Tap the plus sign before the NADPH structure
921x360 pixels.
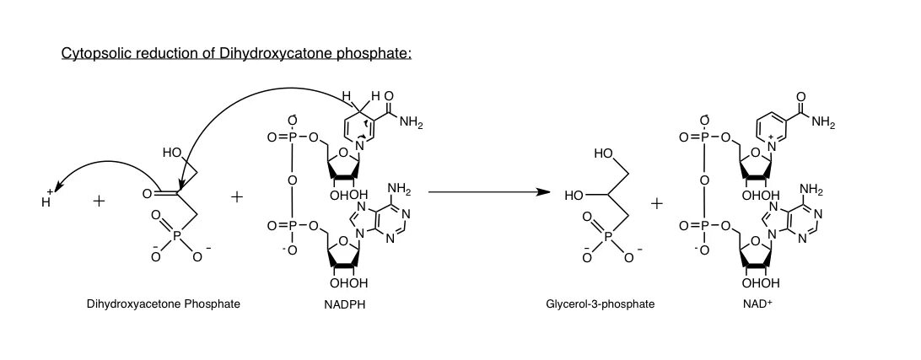pos(237,196)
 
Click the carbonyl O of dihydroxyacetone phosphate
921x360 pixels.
pos(147,194)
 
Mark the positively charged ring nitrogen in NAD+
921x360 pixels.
pos(770,145)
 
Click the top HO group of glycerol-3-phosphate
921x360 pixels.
pos(602,154)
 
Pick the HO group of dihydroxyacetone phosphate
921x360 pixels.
pos(172,153)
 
